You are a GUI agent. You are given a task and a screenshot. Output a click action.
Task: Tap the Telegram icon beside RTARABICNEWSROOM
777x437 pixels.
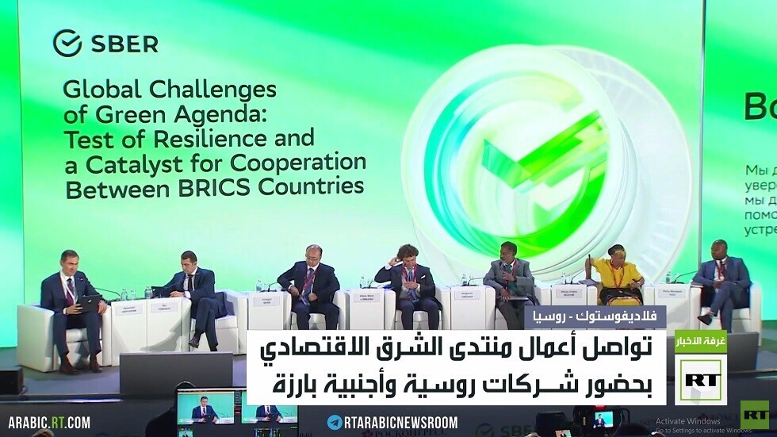[x=335, y=422]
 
